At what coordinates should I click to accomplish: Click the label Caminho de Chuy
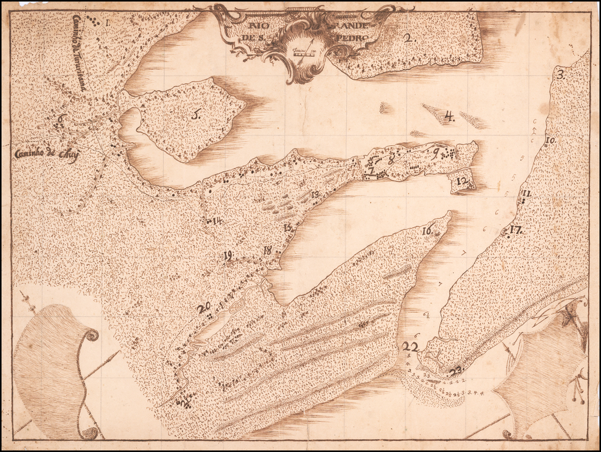[46, 155]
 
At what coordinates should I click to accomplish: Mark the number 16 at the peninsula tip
[427, 231]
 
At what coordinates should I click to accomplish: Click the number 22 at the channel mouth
[410, 347]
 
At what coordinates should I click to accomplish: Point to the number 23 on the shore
[455, 370]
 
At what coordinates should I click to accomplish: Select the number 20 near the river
[203, 308]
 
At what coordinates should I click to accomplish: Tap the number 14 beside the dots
[217, 221]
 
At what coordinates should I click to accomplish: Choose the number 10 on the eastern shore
[550, 140]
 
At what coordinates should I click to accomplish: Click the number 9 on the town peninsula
[435, 154]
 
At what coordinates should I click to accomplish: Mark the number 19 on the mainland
[228, 255]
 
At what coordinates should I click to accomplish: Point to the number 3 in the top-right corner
[561, 75]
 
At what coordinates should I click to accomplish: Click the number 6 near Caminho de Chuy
[60, 118]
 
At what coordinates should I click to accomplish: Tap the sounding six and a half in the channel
[426, 315]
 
